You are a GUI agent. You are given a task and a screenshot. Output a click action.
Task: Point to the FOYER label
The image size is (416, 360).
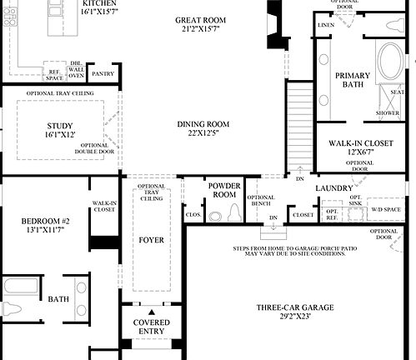(x=151, y=240)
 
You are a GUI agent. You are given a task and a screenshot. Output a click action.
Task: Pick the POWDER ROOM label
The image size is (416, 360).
(x=223, y=189)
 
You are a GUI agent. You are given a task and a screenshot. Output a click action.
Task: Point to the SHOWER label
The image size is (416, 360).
(x=387, y=112)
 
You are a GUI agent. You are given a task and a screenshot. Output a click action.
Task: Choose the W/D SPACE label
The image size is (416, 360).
(x=386, y=208)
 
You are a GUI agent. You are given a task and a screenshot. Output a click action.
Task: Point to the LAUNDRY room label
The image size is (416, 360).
(x=334, y=188)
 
